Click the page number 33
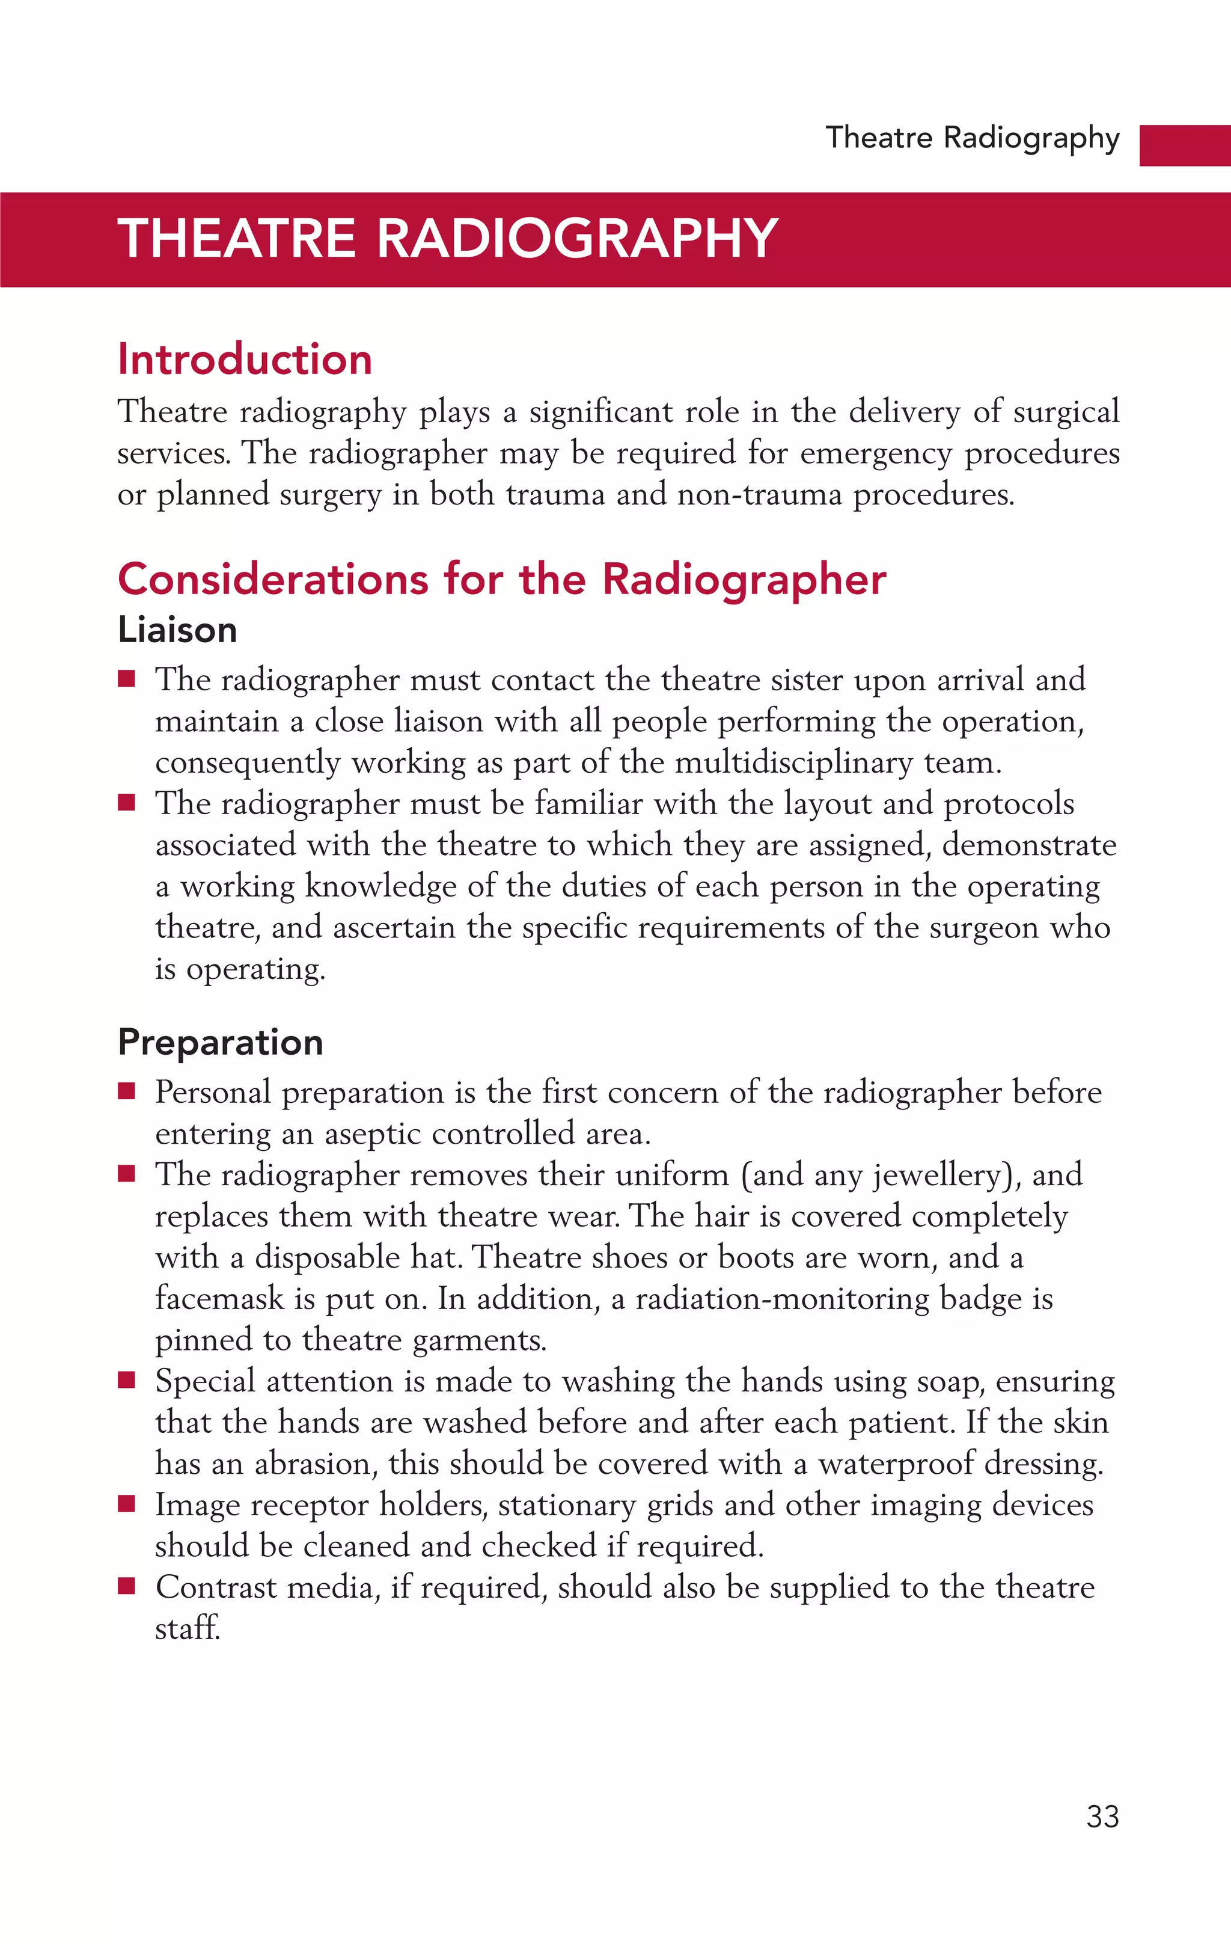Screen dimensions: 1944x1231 point(1102,1817)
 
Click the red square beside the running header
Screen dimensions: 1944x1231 point(1184,146)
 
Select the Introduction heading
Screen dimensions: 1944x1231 point(245,359)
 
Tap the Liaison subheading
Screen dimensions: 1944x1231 point(177,630)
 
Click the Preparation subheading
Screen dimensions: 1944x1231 point(221,1042)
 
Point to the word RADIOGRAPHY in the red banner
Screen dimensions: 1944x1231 point(576,239)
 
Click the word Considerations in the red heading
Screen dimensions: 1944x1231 point(273,580)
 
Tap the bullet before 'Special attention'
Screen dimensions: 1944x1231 point(126,1381)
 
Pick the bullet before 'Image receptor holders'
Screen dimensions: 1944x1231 point(126,1504)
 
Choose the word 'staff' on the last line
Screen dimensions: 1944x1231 point(188,1628)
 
